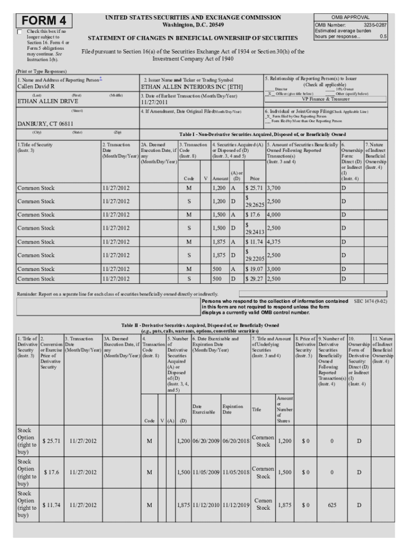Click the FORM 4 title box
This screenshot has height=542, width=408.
pos(45,21)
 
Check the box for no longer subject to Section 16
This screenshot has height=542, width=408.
pos(20,32)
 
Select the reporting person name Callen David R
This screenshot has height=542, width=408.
pos(36,86)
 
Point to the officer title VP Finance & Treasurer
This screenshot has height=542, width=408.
pos(326,99)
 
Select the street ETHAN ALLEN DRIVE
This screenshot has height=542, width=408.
pos(48,101)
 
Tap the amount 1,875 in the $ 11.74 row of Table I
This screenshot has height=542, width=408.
pos(219,241)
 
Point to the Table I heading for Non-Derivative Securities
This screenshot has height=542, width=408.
pos(262,134)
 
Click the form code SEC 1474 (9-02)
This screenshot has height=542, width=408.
pos(370,301)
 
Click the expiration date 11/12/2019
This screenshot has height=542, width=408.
pos(235,505)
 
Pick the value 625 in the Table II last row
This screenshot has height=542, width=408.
pos(332,505)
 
